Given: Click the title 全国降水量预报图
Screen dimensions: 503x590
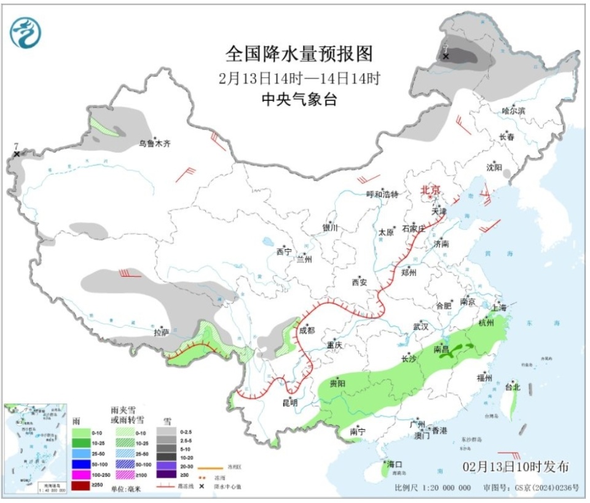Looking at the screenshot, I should click(x=299, y=54).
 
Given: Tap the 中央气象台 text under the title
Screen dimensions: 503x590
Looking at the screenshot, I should click(x=299, y=100).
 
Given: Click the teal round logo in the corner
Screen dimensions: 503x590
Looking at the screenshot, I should click(x=26, y=31).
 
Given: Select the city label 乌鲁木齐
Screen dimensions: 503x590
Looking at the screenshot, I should click(x=154, y=143).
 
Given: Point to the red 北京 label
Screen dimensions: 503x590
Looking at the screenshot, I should click(x=430, y=191).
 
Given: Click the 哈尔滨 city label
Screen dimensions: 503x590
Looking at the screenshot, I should click(x=513, y=111).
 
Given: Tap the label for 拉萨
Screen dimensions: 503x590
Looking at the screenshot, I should click(x=161, y=332).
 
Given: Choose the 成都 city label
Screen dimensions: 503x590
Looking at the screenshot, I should click(x=306, y=330).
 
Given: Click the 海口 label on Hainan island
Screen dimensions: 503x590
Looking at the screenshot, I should click(x=395, y=464).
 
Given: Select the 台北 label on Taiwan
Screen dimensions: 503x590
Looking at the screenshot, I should click(x=512, y=387).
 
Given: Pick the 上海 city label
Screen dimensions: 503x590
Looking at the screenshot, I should click(x=498, y=307).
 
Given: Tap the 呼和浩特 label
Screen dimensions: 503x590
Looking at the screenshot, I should click(x=382, y=194).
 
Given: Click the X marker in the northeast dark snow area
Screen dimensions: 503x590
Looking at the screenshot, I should click(x=446, y=57).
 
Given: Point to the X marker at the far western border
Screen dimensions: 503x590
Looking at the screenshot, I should click(x=17, y=154).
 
